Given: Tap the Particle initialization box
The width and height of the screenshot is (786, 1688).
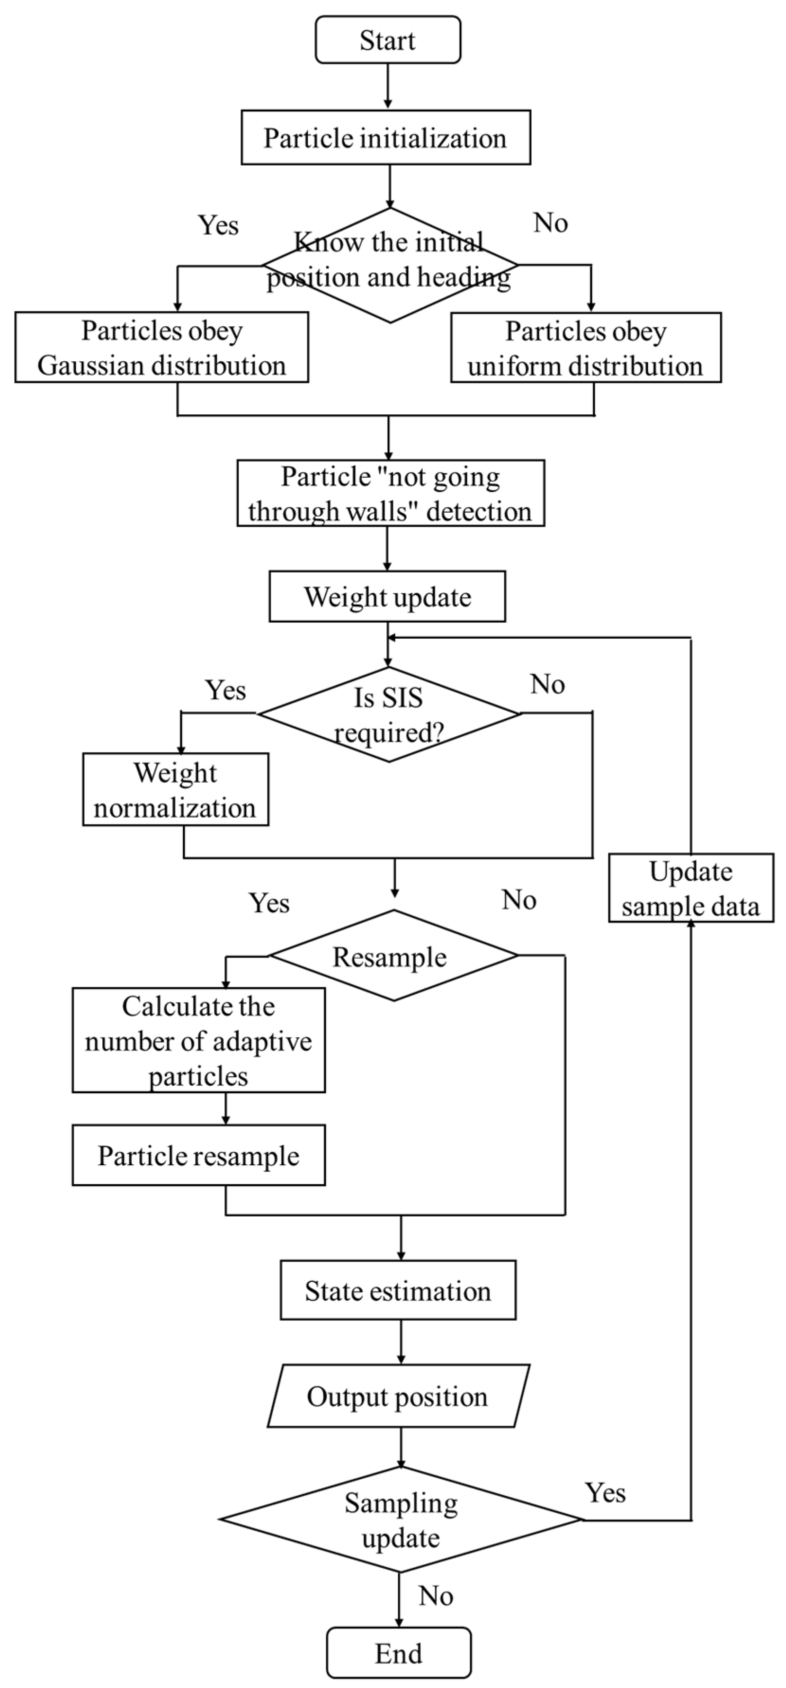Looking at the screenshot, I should click(385, 138).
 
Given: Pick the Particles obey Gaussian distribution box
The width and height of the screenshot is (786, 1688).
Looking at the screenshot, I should click(161, 347).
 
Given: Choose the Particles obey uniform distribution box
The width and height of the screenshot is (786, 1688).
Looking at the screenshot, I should click(585, 348).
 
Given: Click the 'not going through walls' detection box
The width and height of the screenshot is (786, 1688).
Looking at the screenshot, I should click(390, 493).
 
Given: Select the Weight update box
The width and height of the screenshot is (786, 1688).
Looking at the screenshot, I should click(387, 596).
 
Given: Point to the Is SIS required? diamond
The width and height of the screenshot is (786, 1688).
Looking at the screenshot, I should click(389, 714).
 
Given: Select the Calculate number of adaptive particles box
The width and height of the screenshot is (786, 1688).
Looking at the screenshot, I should click(198, 1041).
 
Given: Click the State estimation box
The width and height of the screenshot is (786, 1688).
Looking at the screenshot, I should click(398, 1290).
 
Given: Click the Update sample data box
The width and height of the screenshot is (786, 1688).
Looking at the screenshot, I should click(691, 888).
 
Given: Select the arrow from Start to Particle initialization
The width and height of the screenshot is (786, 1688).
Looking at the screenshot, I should click(388, 86).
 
